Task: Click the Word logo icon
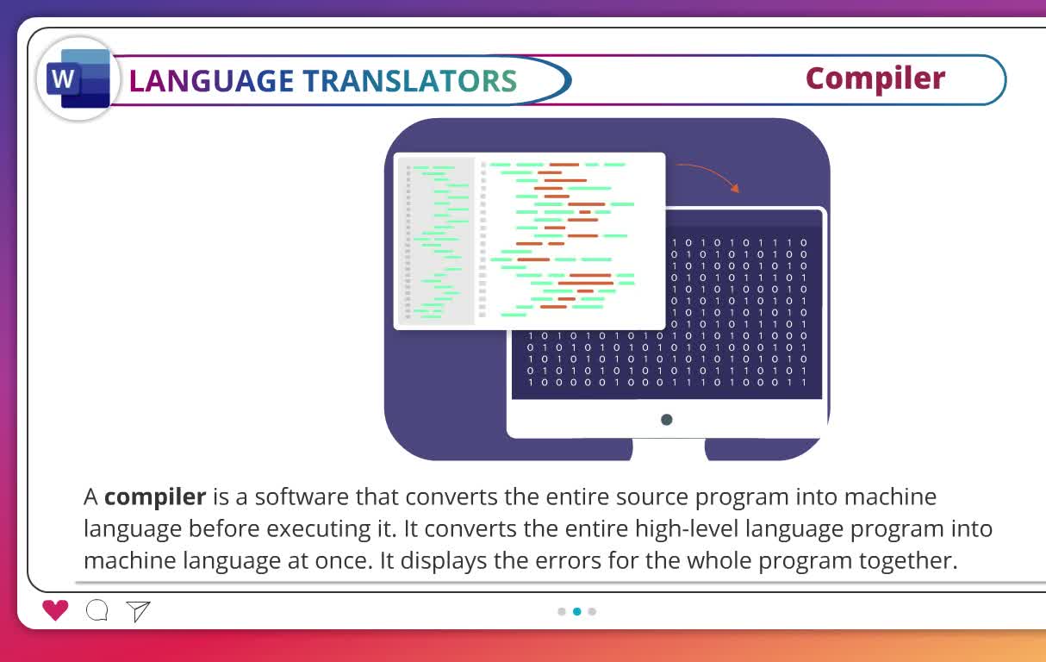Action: [78, 78]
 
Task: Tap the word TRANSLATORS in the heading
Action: [410, 81]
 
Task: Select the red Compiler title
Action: [875, 79]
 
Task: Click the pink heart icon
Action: [55, 610]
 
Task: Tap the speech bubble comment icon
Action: [97, 610]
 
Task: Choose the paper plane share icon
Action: [138, 611]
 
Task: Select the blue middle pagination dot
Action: [577, 611]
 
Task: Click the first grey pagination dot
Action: [562, 611]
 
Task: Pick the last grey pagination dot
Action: [592, 611]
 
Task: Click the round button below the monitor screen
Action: [667, 420]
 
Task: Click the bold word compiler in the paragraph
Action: [155, 497]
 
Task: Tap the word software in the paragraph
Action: [302, 496]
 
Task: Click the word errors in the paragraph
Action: [568, 560]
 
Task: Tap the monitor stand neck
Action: [669, 448]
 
